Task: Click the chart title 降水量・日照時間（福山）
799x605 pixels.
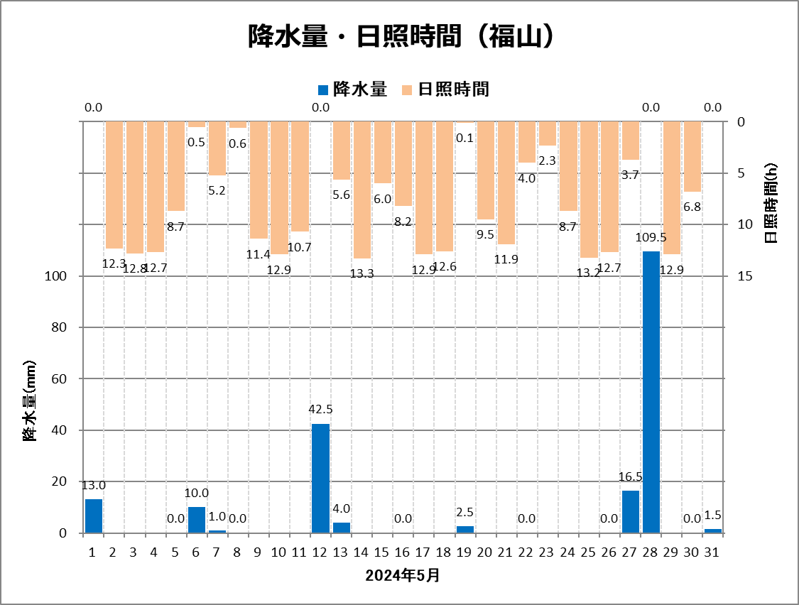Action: tap(400, 37)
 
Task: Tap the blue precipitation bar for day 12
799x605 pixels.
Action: tap(320, 478)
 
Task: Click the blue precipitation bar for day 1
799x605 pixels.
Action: tap(94, 516)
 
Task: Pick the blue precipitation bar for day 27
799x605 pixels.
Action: tap(631, 512)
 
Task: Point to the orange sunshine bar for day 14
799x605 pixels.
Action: tap(362, 190)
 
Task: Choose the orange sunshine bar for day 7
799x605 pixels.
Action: tap(217, 148)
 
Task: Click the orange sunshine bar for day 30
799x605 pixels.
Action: tap(692, 156)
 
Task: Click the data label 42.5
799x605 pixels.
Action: tap(320, 409)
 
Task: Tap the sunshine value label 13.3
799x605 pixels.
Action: tap(362, 273)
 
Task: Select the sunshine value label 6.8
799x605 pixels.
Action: tap(692, 207)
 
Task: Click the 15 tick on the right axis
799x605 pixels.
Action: tap(745, 276)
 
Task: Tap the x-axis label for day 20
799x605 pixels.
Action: tap(486, 552)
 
